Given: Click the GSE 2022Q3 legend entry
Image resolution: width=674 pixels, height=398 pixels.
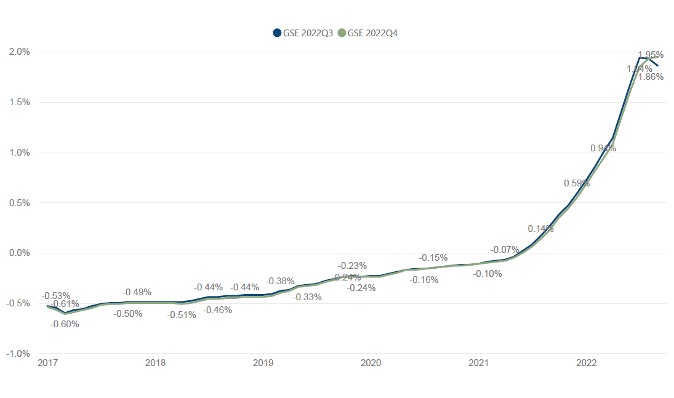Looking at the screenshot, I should (x=303, y=33).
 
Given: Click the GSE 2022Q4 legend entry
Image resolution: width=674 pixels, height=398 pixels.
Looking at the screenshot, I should (x=367, y=33).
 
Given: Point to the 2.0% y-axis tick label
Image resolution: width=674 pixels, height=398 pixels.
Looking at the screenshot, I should (x=19, y=52).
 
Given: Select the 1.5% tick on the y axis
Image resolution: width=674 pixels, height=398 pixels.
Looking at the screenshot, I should (x=19, y=102).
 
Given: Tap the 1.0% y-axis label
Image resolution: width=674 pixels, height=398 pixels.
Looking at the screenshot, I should (x=19, y=153).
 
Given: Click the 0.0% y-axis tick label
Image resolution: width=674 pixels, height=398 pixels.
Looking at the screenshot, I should (x=19, y=253).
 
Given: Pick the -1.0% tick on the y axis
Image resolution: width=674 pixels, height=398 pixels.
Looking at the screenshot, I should (x=18, y=354).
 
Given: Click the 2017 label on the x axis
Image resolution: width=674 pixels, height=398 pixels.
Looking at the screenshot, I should (x=47, y=363).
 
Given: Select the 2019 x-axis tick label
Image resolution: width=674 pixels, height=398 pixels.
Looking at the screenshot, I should (x=263, y=363).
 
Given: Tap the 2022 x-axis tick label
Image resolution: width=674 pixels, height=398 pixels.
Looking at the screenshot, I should (x=586, y=363).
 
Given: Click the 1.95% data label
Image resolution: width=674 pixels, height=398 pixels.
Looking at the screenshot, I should (x=651, y=55).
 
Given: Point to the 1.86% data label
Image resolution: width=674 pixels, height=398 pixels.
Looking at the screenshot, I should (x=651, y=77).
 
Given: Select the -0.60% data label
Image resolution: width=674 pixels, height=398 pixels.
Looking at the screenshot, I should (x=65, y=324).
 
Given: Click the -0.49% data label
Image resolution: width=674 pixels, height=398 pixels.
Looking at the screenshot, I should (x=137, y=292).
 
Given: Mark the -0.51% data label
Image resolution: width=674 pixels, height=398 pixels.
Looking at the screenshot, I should (x=182, y=315).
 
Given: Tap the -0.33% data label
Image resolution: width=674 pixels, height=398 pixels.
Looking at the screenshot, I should (x=307, y=297).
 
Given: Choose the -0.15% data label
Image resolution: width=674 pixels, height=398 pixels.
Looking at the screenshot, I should (x=433, y=258).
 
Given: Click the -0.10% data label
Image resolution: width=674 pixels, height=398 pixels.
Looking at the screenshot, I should (x=487, y=274).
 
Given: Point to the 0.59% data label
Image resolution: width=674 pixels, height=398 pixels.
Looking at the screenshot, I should (x=577, y=183).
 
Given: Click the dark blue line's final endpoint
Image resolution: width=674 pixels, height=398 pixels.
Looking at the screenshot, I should (x=658, y=66).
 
